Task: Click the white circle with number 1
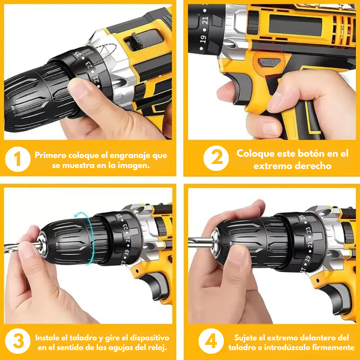18,159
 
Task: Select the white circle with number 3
18,342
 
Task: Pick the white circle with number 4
211,342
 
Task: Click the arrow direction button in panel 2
266,62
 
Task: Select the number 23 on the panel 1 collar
89,65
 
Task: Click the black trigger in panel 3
157,285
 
